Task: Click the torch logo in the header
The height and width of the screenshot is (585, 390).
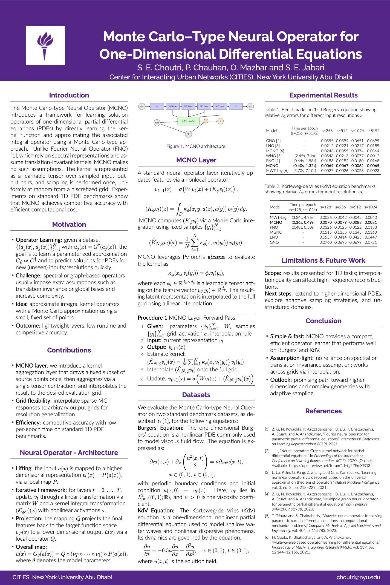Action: pyautogui.click(x=45, y=45)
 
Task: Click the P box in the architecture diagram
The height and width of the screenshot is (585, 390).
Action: pyautogui.click(x=157, y=106)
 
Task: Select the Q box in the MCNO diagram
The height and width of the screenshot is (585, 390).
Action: pyautogui.click(x=235, y=106)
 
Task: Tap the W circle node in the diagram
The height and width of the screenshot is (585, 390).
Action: pyautogui.click(x=188, y=134)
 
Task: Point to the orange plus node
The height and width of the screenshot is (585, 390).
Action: pyautogui.click(x=206, y=121)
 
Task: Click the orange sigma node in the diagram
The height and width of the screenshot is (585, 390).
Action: pyautogui.click(x=221, y=121)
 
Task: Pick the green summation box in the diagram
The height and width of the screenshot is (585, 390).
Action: pyautogui.click(x=188, y=121)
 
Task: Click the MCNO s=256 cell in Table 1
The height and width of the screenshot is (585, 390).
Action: pyautogui.click(x=327, y=166)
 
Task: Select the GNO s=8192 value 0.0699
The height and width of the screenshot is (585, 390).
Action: pyautogui.click(x=373, y=141)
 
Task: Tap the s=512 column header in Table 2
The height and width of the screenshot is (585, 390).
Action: pyautogui.click(x=356, y=207)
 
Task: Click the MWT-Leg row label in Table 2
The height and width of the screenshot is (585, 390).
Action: pyautogui.click(x=278, y=217)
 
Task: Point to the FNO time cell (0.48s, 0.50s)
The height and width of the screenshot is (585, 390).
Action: pyautogui.click(x=303, y=227)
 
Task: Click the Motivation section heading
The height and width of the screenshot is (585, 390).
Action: pyautogui.click(x=69, y=225)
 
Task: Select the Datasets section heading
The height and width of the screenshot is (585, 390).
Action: pyautogui.click(x=196, y=395)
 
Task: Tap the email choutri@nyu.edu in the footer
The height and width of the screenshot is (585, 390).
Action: pyautogui.click(x=358, y=577)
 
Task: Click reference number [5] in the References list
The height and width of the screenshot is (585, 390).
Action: pyautogui.click(x=267, y=516)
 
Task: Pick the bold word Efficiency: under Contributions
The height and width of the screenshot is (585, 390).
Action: pyautogui.click(x=28, y=423)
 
